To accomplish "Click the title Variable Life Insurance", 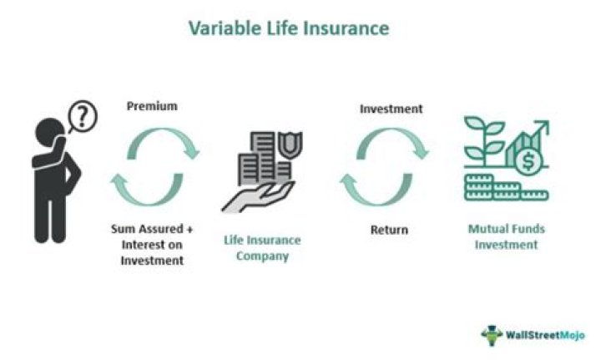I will (x=288, y=28).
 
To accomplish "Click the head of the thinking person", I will (x=49, y=134).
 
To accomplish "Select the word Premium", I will (x=152, y=107).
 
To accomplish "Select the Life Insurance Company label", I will (x=262, y=248).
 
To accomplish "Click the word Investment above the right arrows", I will (x=391, y=109).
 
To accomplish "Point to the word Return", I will (x=389, y=230).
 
